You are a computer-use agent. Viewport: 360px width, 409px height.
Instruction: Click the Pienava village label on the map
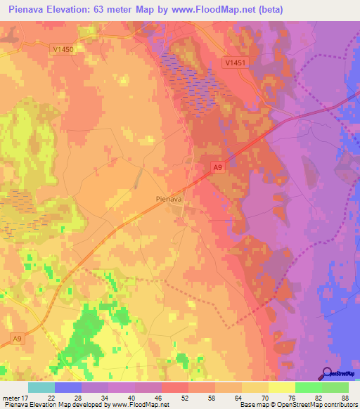pyautogui.click(x=169, y=199)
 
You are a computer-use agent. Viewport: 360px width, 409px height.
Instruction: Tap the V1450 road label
pyautogui.click(x=62, y=49)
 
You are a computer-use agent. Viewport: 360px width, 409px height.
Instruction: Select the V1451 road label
pyautogui.click(x=235, y=63)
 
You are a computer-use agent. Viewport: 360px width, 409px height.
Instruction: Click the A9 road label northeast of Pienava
pyautogui.click(x=218, y=167)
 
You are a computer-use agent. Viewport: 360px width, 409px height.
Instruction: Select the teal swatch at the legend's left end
pyautogui.click(x=41, y=387)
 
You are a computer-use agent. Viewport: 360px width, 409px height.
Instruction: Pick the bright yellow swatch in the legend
pyautogui.click(x=281, y=387)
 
